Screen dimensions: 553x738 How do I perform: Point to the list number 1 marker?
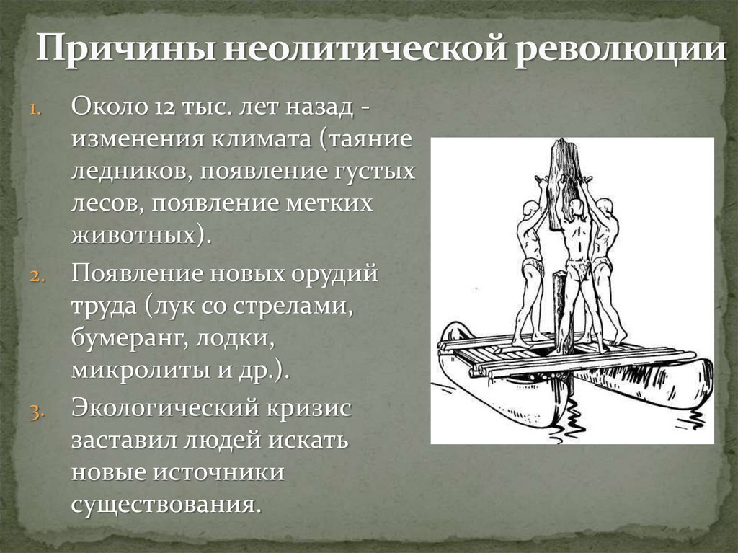coord(37,110)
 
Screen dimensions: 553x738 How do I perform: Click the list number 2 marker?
coord(37,276)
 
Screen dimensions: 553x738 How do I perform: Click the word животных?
coord(134,235)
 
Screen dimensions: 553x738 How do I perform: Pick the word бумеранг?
coord(127,337)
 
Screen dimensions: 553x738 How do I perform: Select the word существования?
coord(163,503)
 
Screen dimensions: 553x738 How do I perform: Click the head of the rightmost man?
coord(607,206)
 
